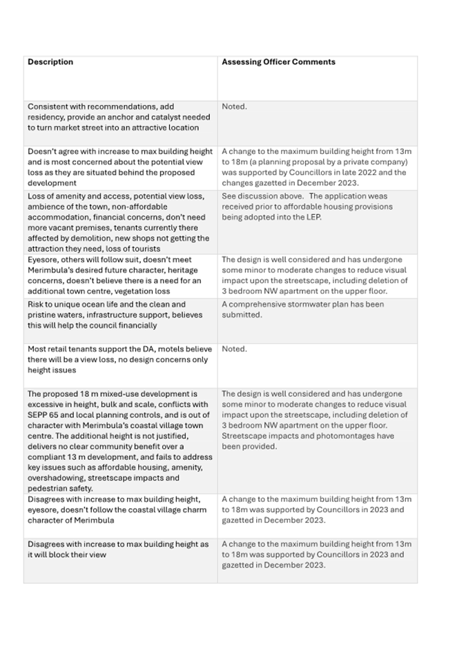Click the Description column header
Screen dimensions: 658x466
tap(50, 62)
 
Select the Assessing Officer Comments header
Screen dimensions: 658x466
tap(278, 62)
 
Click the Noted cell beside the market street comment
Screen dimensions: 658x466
tap(234, 107)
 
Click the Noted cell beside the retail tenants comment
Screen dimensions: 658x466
tap(234, 349)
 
